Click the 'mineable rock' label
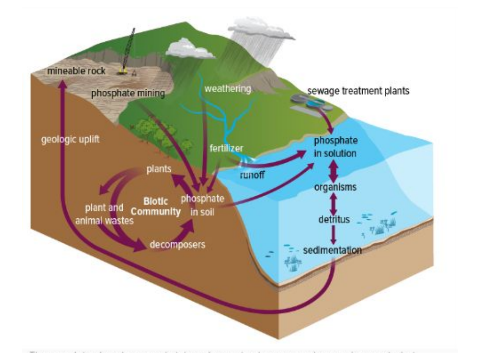(x=76, y=72)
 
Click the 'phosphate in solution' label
(x=336, y=147)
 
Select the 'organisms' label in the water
(x=336, y=187)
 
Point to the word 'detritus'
(x=334, y=219)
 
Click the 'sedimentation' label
(x=333, y=251)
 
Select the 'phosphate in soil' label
(x=203, y=205)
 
